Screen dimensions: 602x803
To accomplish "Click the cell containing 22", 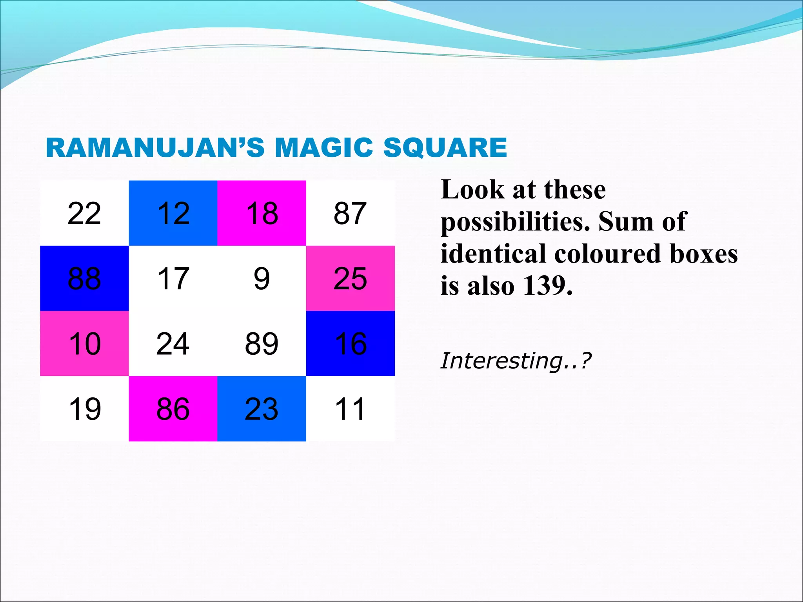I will (x=84, y=213).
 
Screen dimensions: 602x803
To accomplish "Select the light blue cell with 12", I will (x=173, y=213).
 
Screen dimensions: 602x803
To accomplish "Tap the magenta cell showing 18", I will (x=262, y=213).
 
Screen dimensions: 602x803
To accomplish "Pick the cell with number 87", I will (x=350, y=213).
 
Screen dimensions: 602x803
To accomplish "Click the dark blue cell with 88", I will (x=84, y=278).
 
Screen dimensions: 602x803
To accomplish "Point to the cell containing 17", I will (x=173, y=278).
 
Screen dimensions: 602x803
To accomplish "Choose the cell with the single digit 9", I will (x=262, y=278).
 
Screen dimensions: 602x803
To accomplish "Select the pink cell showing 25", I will (x=350, y=278).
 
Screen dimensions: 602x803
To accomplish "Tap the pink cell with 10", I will (x=84, y=343).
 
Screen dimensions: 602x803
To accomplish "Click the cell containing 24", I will (x=173, y=343).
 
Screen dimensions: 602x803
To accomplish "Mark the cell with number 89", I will (x=262, y=343).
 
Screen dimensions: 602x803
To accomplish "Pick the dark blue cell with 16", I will (x=350, y=343).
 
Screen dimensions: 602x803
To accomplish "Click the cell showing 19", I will (x=84, y=409).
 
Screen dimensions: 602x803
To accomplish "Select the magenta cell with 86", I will (x=173, y=409).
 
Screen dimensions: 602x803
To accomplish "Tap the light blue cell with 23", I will (x=262, y=409).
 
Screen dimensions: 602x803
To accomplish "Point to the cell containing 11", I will (x=350, y=409).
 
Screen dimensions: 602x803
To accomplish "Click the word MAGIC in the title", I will (x=324, y=148).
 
